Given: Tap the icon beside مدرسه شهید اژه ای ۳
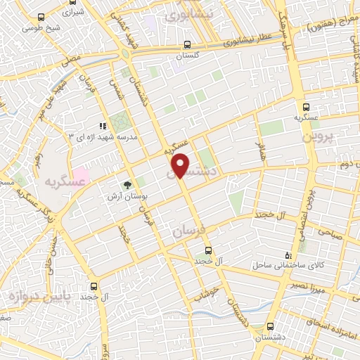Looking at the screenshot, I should point(103,125).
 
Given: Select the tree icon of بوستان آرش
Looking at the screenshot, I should point(128,186).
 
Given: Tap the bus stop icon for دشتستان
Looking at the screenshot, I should point(271,327).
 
